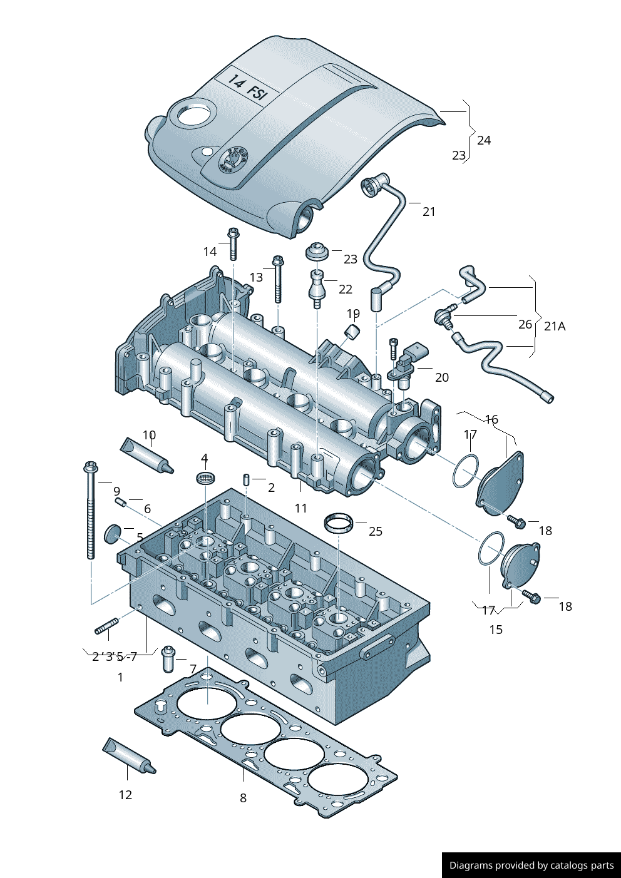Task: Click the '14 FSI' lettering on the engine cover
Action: pyautogui.click(x=247, y=87)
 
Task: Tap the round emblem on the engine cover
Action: pyautogui.click(x=232, y=160)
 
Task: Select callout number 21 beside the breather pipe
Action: pyautogui.click(x=429, y=212)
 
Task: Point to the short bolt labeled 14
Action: pyautogui.click(x=233, y=243)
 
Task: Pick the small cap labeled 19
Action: pyautogui.click(x=352, y=330)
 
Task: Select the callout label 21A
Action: pyautogui.click(x=555, y=326)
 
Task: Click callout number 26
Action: pyautogui.click(x=525, y=324)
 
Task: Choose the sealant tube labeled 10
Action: pyautogui.click(x=146, y=455)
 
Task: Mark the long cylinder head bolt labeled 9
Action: pyautogui.click(x=91, y=510)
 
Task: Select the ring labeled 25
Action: pyautogui.click(x=338, y=523)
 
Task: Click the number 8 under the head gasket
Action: pyautogui.click(x=243, y=798)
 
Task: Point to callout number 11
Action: pyautogui.click(x=301, y=508)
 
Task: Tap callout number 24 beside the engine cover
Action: pyautogui.click(x=484, y=140)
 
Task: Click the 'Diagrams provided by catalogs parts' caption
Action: pyautogui.click(x=531, y=865)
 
